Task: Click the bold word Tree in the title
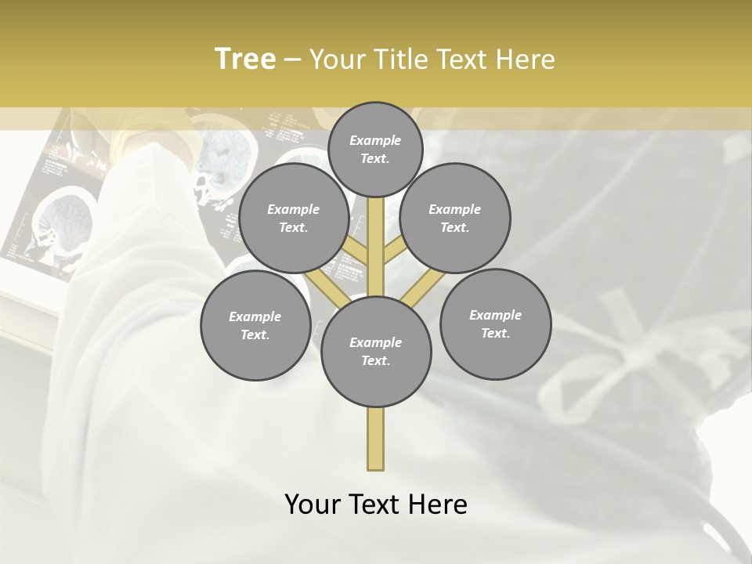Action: coord(245,60)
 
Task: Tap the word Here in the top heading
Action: coord(526,60)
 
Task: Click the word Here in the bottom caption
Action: coord(438,504)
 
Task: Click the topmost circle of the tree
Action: coord(376,149)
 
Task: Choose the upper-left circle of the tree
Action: coord(294,218)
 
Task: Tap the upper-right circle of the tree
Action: coord(455,218)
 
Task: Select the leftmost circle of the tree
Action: coord(255,325)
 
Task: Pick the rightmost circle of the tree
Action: coord(495,324)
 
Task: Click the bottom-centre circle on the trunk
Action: coord(376,351)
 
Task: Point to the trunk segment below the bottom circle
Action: coord(376,439)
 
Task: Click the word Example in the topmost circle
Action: coord(375,140)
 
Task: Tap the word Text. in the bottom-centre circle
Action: coord(375,360)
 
